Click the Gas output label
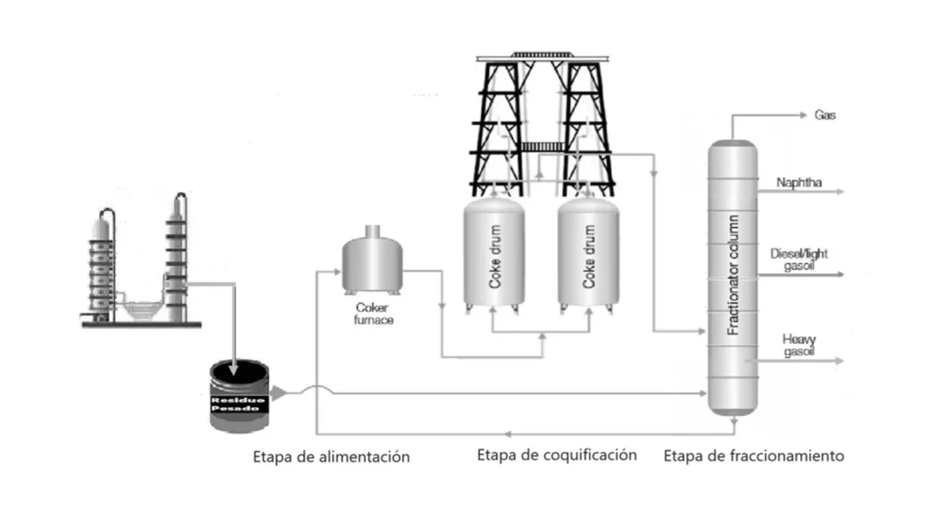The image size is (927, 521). (x=825, y=116)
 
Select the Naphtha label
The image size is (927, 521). (x=799, y=183)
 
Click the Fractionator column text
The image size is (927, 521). (x=735, y=277)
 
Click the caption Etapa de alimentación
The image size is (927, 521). (x=331, y=457)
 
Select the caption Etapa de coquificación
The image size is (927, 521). (x=557, y=455)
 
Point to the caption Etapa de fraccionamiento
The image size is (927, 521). (x=753, y=456)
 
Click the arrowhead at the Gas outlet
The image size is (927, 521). (x=803, y=116)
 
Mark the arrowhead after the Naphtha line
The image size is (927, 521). (x=840, y=193)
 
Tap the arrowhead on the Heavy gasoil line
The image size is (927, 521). (x=839, y=360)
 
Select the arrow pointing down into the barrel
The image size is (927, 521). (x=234, y=365)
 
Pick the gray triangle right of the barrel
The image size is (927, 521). (x=279, y=393)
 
